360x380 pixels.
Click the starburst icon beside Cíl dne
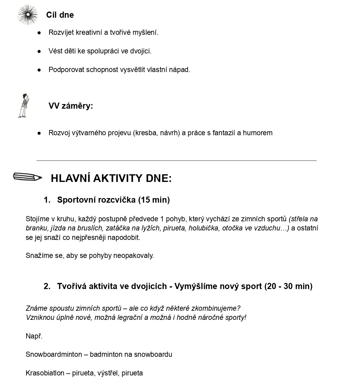[x=28, y=15]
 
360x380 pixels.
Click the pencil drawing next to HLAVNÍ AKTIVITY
[x=28, y=177]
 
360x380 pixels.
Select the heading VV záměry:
[x=71, y=106]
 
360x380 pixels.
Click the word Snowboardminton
[x=54, y=354]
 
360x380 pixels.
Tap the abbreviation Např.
[x=34, y=336]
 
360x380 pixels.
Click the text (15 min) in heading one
[x=154, y=200]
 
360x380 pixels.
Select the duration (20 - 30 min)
[x=288, y=286]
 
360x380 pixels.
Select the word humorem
[x=258, y=133]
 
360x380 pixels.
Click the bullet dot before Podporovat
[x=39, y=70]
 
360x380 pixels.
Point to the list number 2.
[x=47, y=286]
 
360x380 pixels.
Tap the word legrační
[x=128, y=317]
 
